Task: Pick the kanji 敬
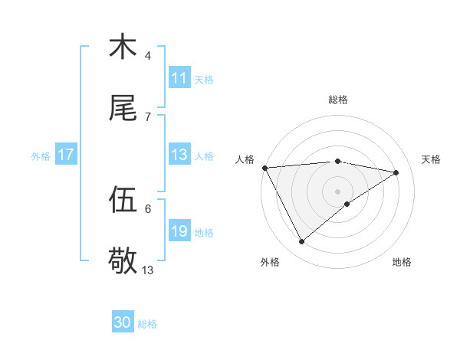tap(123, 262)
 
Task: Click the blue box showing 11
tap(179, 78)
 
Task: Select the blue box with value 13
tap(179, 155)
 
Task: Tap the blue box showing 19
tap(179, 231)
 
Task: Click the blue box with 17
tap(65, 155)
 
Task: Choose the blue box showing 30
tap(123, 322)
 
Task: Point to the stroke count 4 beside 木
tap(148, 56)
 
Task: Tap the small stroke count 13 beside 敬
tap(148, 270)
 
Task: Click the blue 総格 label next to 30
tap(148, 324)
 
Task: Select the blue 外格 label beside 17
tap(41, 155)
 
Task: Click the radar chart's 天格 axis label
tap(431, 159)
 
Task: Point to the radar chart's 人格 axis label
tap(245, 159)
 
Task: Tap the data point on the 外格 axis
tap(301, 241)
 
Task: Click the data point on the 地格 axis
tap(347, 204)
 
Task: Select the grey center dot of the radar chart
tap(337, 191)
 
